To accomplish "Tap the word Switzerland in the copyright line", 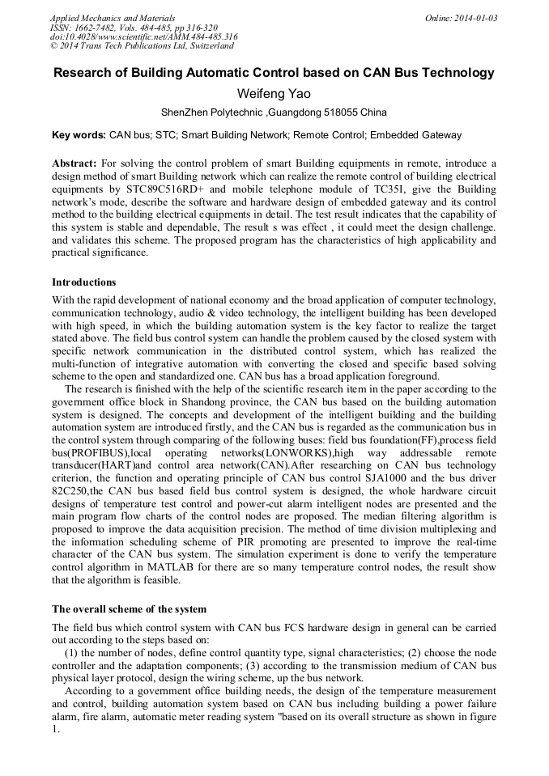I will pyautogui.click(x=205, y=46).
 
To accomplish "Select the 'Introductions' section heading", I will pyautogui.click(x=84, y=282).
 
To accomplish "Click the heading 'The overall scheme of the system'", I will pyautogui.click(x=129, y=609).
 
